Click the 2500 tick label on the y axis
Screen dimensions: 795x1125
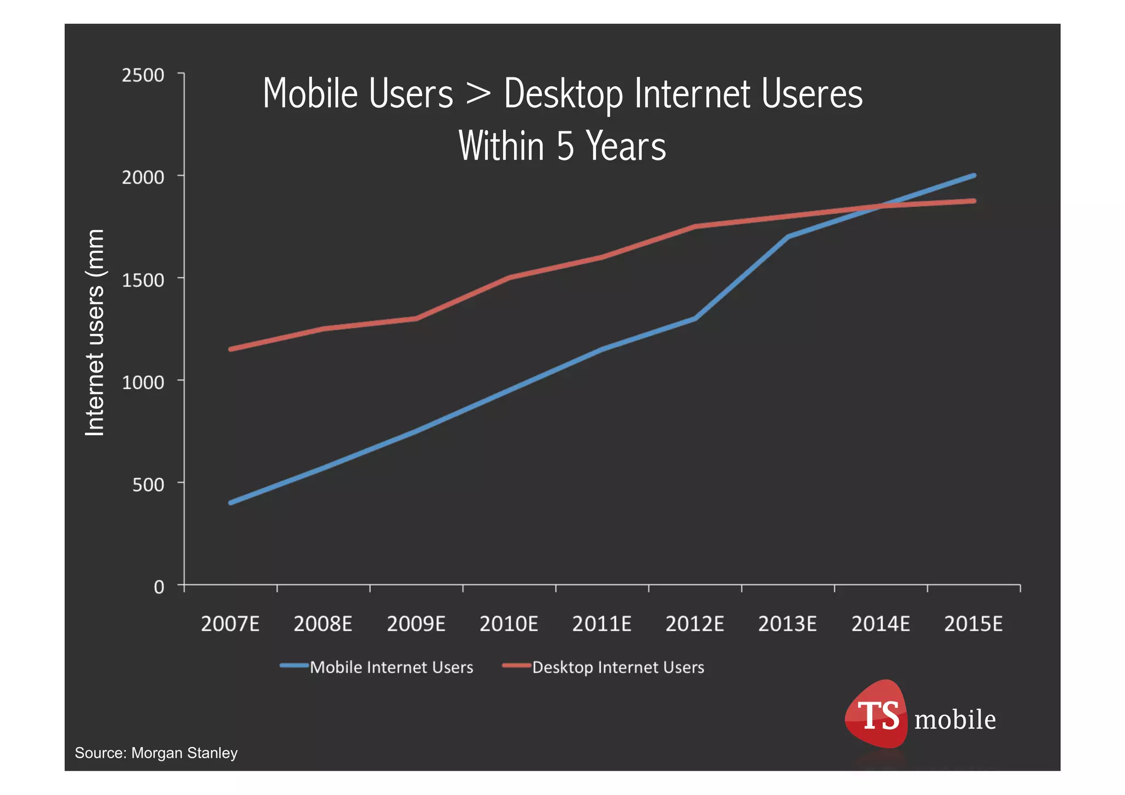[x=143, y=75]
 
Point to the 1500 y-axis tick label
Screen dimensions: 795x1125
[x=143, y=280]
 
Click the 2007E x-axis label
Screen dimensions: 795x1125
[x=230, y=624]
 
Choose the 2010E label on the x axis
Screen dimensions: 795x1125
[x=509, y=624]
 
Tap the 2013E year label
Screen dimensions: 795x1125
[x=787, y=624]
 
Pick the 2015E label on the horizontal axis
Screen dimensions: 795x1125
[x=973, y=624]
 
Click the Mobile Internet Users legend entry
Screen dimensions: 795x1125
[x=391, y=667]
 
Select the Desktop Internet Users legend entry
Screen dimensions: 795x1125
[x=617, y=667]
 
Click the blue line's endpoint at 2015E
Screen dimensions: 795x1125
[x=974, y=175]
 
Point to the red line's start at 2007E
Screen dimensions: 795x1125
[x=230, y=349]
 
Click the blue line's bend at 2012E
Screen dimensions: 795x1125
[x=695, y=319]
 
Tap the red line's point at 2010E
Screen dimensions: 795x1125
[x=509, y=277]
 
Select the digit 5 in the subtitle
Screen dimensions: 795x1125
[x=565, y=146]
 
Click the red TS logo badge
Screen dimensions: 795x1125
[x=877, y=715]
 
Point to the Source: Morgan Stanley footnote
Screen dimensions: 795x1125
[x=156, y=753]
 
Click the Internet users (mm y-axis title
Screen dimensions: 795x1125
[x=94, y=332]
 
